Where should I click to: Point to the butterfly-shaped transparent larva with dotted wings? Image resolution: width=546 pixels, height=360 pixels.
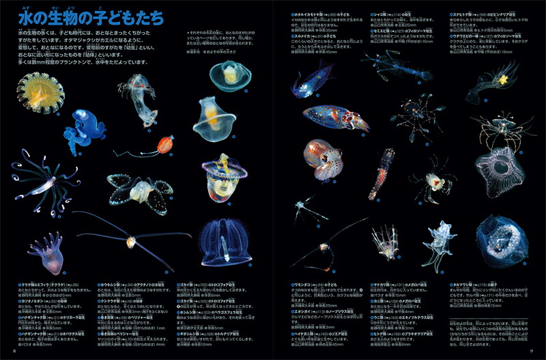[x=141, y=189]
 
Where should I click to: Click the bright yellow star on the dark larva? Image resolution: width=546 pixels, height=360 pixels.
[x=504, y=80]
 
